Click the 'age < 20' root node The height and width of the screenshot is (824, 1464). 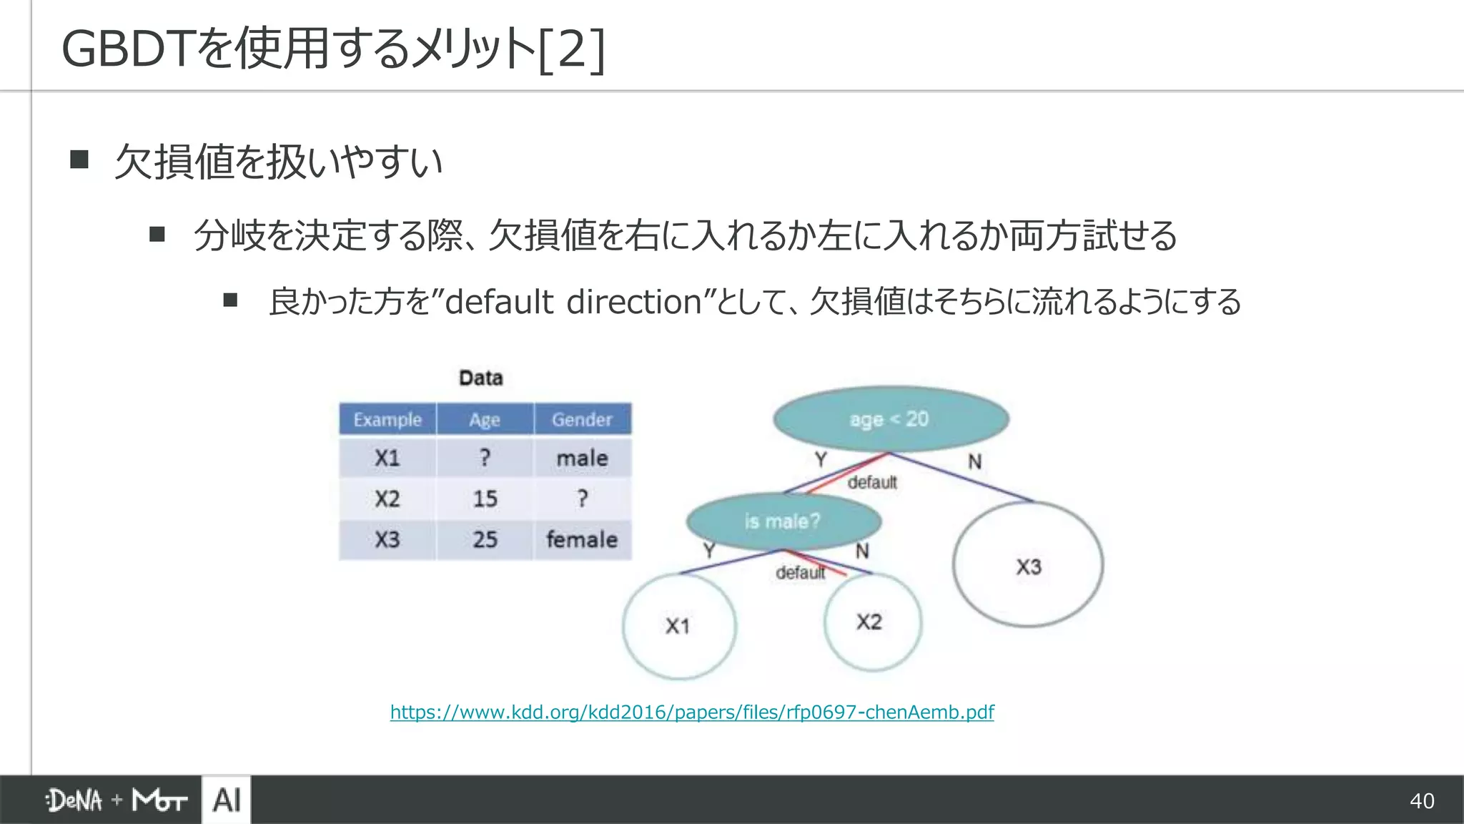pos(890,419)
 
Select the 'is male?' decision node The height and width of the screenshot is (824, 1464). pos(783,521)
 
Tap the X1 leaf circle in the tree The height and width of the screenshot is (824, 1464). pos(678,626)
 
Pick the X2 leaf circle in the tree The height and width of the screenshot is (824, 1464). pos(871,622)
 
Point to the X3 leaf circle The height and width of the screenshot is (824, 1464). pos(1028,566)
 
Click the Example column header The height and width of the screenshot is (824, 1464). pos(387,419)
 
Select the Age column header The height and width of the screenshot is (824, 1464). pos(485,419)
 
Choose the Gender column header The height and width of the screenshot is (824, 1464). pos(582,419)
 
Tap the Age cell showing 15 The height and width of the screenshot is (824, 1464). pos(485,499)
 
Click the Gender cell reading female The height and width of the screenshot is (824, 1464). pos(582,539)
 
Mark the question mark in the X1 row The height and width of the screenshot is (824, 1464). pos(485,458)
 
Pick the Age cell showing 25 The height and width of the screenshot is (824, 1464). pos(485,539)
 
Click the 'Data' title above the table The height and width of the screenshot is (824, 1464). pos(481,378)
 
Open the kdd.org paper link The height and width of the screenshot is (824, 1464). pos(692,712)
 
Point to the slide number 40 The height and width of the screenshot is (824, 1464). pos(1422,800)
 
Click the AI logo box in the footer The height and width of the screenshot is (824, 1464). pos(227,800)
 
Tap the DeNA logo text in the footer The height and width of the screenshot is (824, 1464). pos(74,800)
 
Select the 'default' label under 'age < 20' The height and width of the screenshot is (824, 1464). pos(872,482)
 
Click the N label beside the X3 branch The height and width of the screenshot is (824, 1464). pos(974,462)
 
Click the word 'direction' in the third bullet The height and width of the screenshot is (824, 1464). pos(634,302)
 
